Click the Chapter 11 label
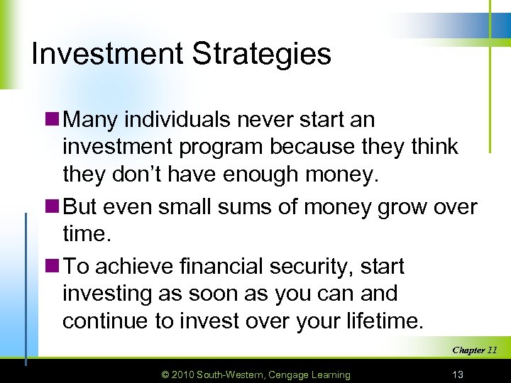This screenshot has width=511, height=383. [474, 350]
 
